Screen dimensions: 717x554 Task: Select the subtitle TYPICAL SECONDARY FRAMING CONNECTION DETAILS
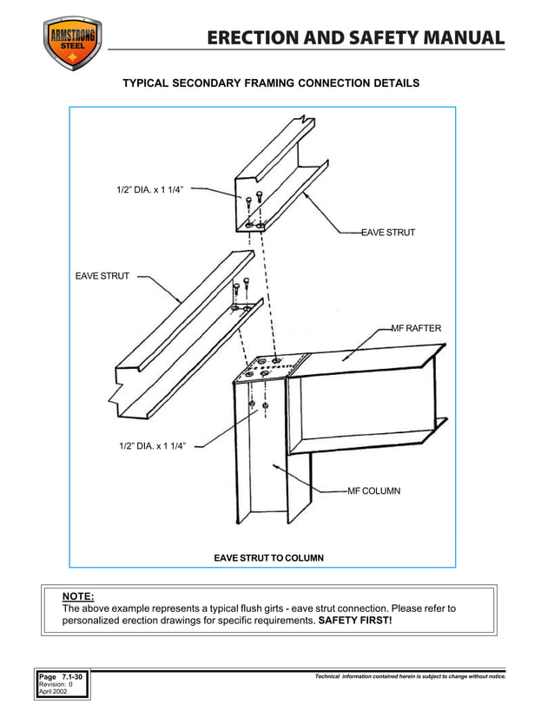tap(271, 83)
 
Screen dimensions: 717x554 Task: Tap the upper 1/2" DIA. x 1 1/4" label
tap(150, 189)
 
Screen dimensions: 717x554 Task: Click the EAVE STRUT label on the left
tap(102, 276)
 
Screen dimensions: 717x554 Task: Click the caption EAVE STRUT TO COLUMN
tap(268, 557)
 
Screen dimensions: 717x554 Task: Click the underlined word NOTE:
tap(78, 596)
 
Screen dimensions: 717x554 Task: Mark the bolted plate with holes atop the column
tap(271, 366)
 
